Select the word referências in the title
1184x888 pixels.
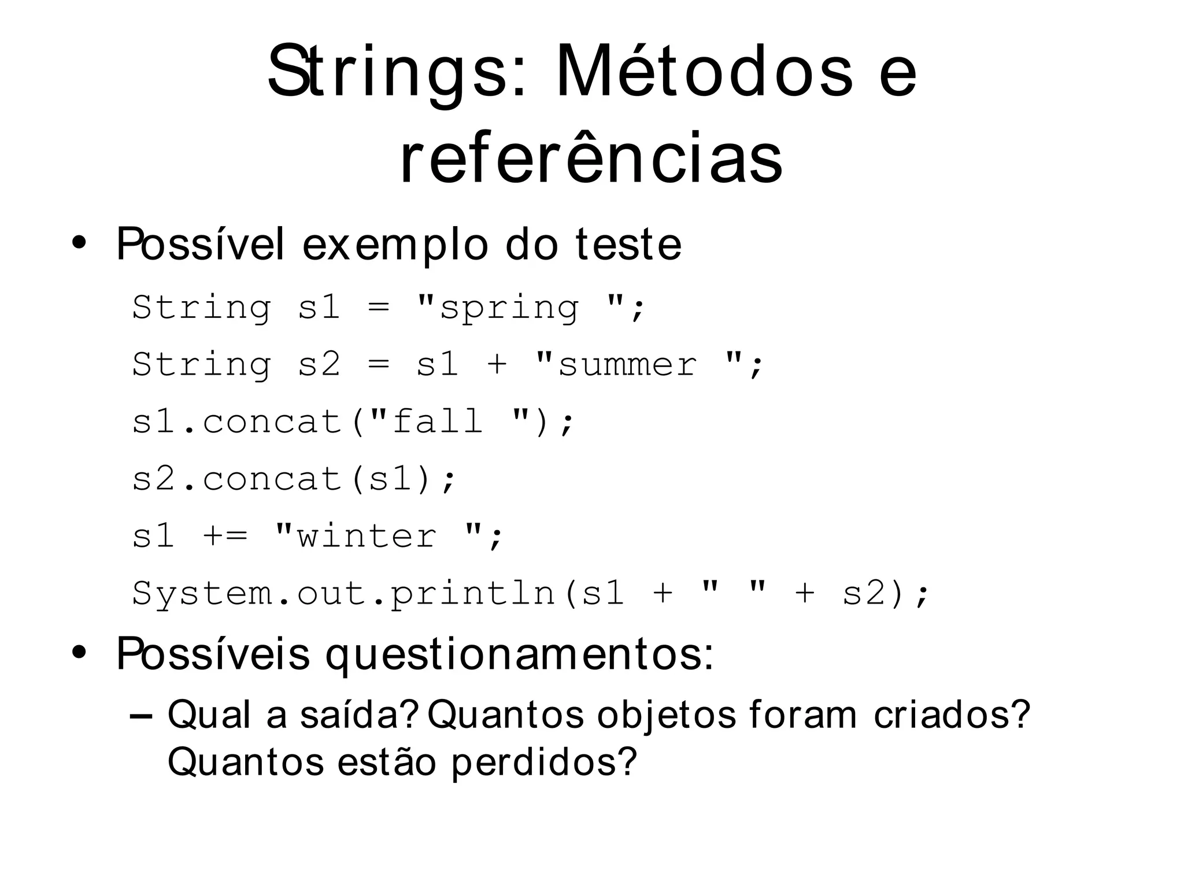click(591, 157)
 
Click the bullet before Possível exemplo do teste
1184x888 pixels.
click(79, 243)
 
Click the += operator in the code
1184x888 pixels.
click(225, 536)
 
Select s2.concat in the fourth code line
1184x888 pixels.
click(237, 479)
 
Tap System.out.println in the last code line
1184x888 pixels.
click(344, 593)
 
